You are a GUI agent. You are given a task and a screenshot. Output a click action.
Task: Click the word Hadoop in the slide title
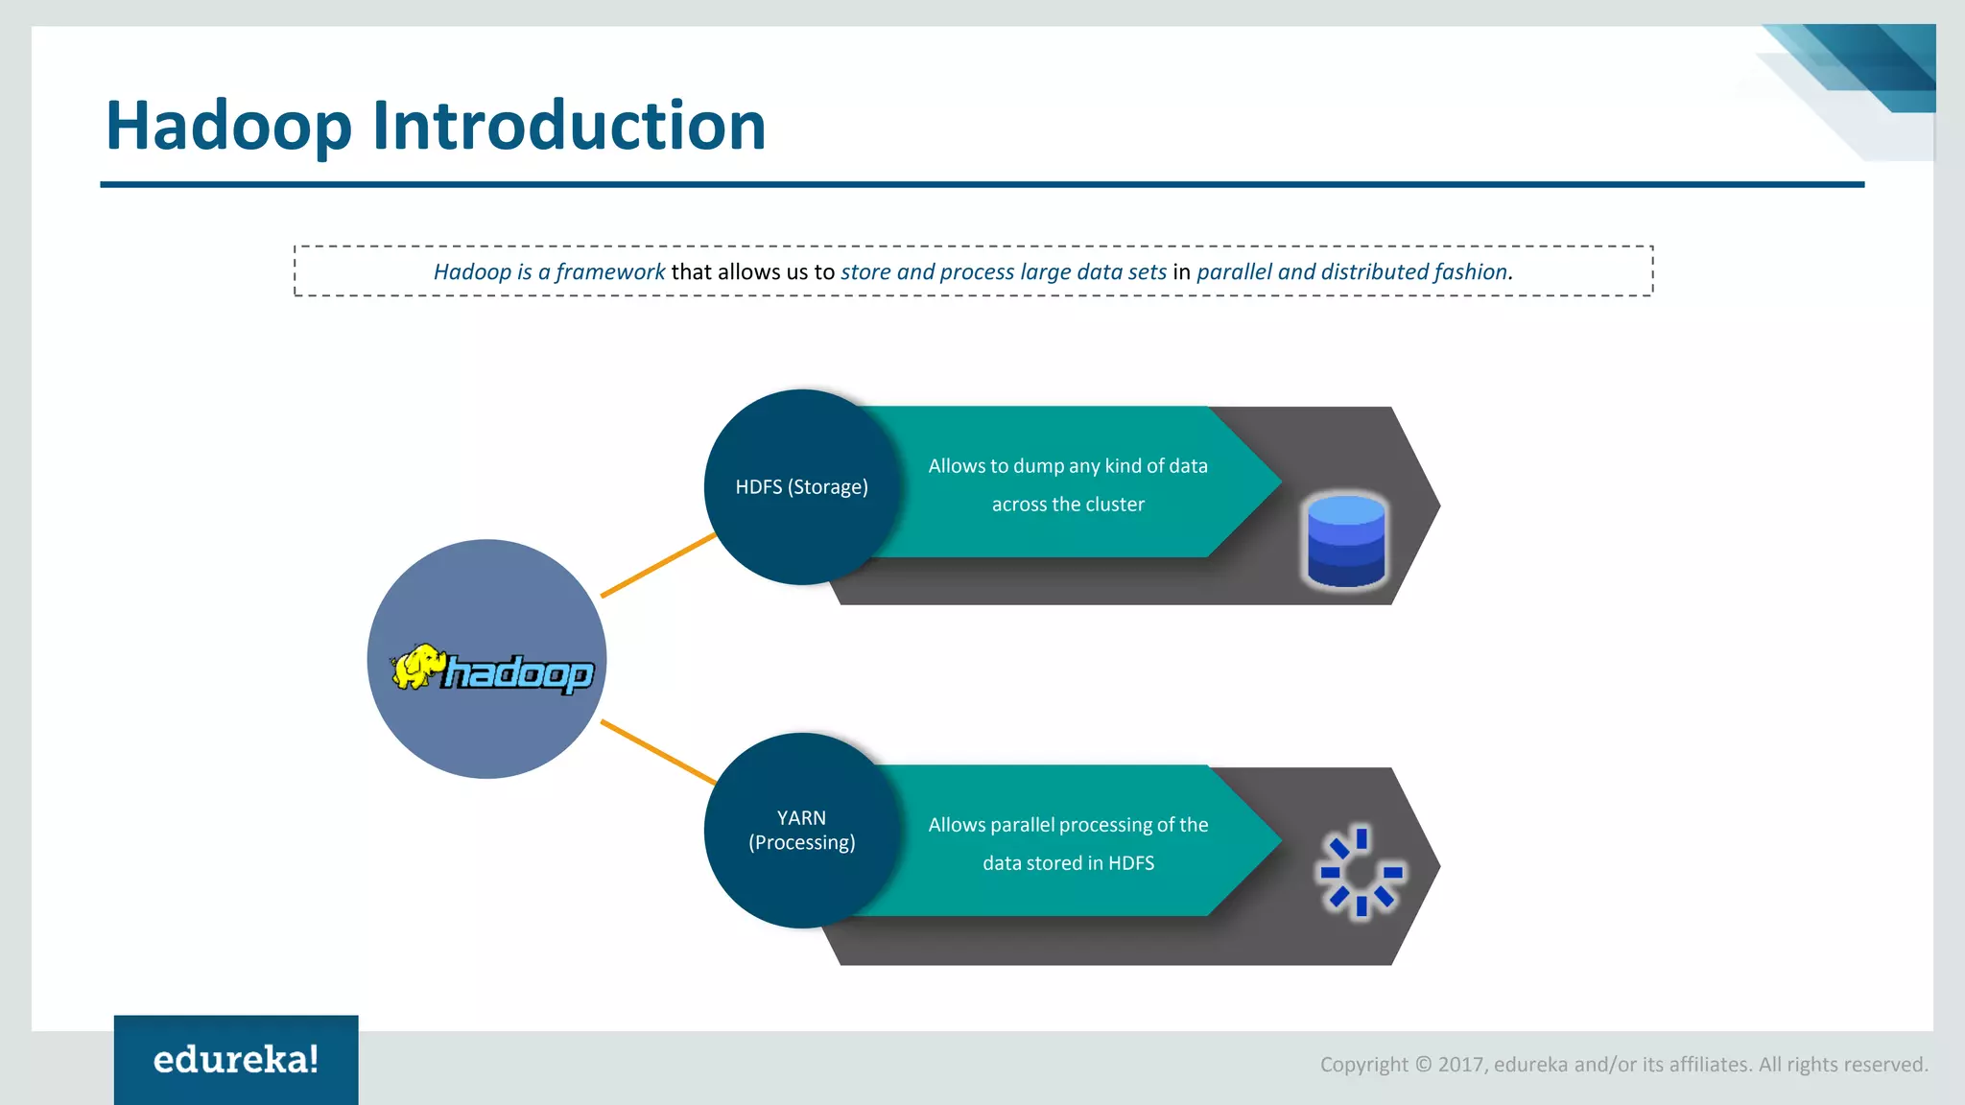(x=228, y=126)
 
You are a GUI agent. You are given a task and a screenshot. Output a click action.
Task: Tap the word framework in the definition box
(x=610, y=272)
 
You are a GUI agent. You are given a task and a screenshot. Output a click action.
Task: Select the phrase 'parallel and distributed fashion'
(x=1353, y=272)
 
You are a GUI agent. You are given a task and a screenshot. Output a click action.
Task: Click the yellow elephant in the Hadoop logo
(x=419, y=667)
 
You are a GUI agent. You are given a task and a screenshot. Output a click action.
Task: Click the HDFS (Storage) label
(x=801, y=487)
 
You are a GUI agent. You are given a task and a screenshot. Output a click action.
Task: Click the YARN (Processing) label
(x=801, y=831)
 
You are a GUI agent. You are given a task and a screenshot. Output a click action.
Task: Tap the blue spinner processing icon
(x=1361, y=871)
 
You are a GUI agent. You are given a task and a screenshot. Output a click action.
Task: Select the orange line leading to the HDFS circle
(x=658, y=566)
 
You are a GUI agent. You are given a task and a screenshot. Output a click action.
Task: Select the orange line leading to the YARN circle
(x=658, y=752)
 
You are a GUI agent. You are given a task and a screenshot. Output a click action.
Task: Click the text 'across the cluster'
(x=1068, y=505)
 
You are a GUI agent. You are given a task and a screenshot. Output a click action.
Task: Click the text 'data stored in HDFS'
(x=1068, y=863)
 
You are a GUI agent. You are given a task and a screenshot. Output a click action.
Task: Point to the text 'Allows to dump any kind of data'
(x=1068, y=466)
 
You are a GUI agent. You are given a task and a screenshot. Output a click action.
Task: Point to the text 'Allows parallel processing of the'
(x=1068, y=825)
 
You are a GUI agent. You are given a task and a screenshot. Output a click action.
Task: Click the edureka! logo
(x=236, y=1060)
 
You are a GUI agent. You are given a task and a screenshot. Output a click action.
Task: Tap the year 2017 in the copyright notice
(x=1459, y=1065)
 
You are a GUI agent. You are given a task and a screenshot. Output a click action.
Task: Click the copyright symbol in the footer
(x=1423, y=1065)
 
